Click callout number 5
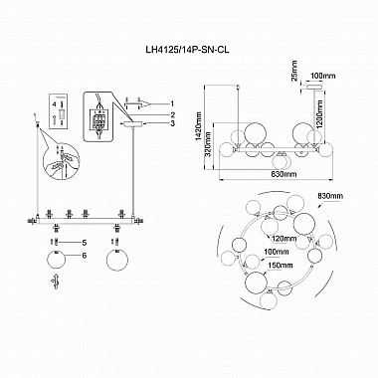tap(85, 243)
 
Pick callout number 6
tap(85, 258)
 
